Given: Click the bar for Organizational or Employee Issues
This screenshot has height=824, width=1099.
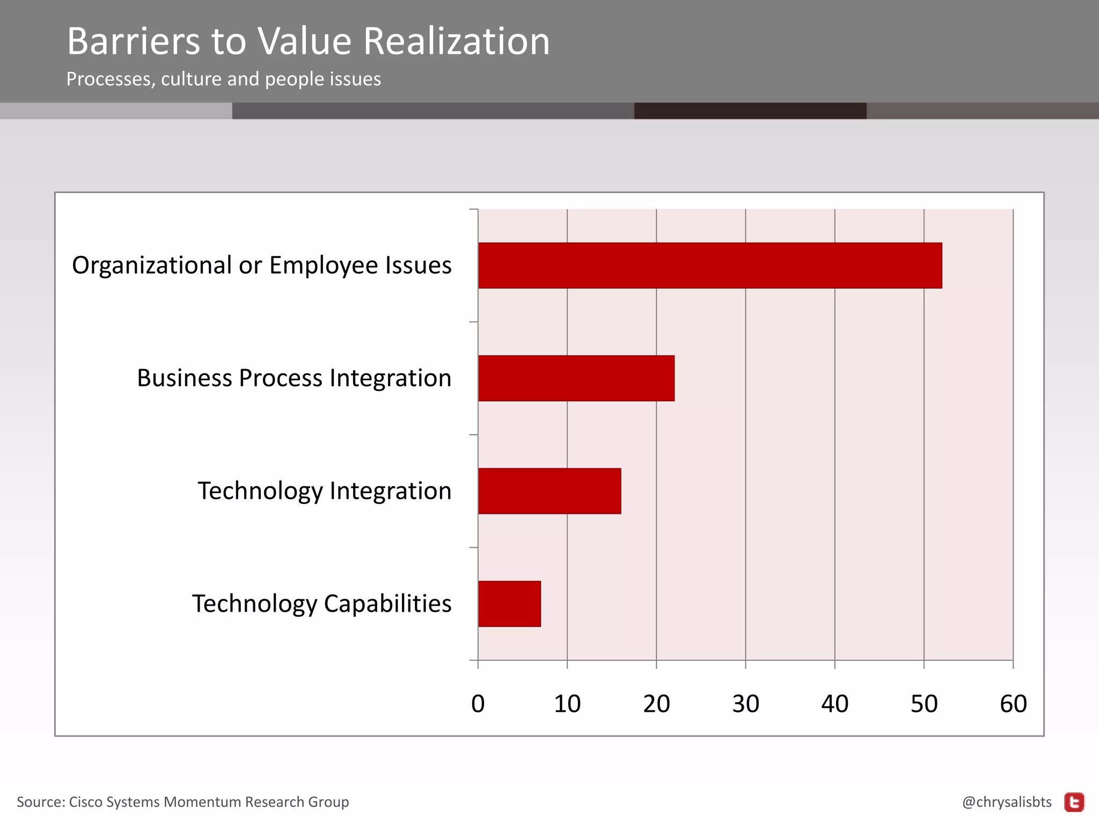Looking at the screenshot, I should [709, 266].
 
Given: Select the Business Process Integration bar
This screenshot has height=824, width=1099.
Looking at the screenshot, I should [576, 378].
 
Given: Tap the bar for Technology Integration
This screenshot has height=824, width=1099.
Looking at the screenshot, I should [549, 491].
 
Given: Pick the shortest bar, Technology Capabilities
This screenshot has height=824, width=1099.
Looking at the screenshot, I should [509, 604].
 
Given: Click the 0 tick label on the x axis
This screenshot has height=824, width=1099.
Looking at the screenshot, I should [478, 704].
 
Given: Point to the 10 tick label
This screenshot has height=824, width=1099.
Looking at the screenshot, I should [567, 704].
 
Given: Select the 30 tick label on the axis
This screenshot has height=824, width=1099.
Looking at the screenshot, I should [745, 704].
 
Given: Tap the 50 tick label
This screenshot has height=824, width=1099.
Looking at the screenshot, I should [924, 704].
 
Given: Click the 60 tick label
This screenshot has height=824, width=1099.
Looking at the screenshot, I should [1013, 704].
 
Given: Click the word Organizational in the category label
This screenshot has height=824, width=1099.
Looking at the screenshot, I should [152, 266].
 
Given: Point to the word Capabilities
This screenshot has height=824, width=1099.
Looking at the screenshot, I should [387, 604].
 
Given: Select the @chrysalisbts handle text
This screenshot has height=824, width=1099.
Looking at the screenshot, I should [1007, 802].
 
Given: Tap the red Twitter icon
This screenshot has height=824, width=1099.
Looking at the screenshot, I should [1074, 802].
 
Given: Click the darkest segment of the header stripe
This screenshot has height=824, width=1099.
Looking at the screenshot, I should [750, 111].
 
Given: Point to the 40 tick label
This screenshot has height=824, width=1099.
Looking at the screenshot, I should [834, 704].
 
